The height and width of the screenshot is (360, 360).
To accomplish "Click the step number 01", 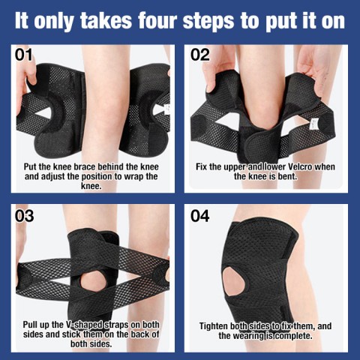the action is coord(24,55).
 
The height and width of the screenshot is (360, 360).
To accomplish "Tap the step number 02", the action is coord(200,55).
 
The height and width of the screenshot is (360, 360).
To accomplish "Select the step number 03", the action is coord(24,216).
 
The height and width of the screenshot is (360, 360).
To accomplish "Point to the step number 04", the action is coord(200,216).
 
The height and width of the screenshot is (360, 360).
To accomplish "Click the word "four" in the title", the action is coord(158,21).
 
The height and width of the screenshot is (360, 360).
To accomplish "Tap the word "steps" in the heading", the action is coord(208,22).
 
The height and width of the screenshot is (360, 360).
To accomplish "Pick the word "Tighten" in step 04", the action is coord(213,326).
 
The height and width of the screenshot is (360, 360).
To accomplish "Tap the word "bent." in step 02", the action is coord(287,176).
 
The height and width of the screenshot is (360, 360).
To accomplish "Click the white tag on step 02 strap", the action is coord(313,124).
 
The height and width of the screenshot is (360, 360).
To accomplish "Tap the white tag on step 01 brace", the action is coord(166,109).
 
